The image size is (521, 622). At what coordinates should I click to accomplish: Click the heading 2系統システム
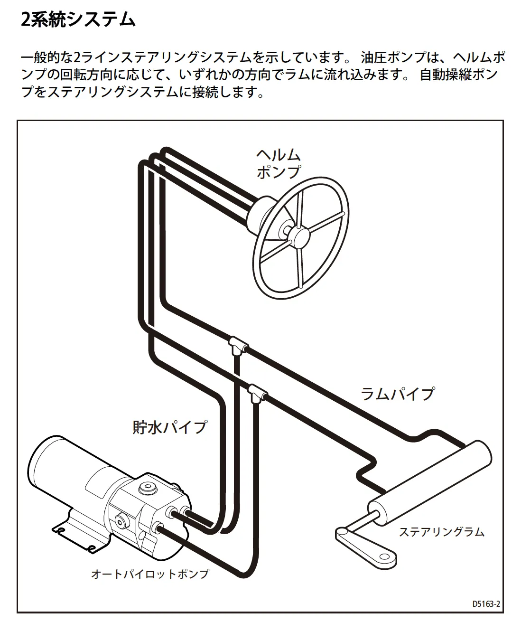click(x=78, y=20)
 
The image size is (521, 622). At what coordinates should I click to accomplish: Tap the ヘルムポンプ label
click(x=279, y=163)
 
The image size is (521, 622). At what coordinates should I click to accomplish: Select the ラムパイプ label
click(x=397, y=394)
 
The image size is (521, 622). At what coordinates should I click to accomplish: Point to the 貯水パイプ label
click(x=169, y=426)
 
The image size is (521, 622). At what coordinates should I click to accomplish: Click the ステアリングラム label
click(x=441, y=531)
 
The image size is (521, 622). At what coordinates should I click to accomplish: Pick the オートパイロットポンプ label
click(x=149, y=574)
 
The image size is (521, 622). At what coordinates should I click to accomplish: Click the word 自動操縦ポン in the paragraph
click(x=458, y=75)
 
